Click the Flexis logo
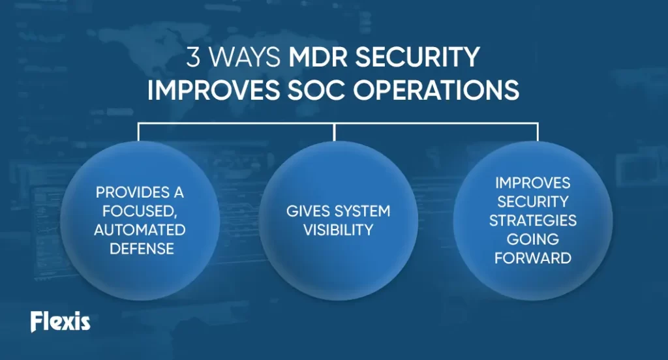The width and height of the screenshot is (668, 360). click(x=61, y=322)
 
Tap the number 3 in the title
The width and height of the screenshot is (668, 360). click(x=193, y=57)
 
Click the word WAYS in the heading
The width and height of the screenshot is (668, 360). click(x=245, y=57)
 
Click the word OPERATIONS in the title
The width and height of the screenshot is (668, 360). click(x=436, y=90)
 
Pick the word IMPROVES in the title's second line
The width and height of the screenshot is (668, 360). click(x=213, y=90)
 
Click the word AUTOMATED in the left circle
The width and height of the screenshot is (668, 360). click(x=140, y=230)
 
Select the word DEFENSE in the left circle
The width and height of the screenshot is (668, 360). click(x=142, y=249)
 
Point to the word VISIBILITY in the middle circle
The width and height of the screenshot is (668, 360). click(x=339, y=230)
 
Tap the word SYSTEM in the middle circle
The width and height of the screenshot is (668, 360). click(x=363, y=211)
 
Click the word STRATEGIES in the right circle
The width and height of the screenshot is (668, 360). click(x=533, y=220)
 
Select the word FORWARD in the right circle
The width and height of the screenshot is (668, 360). click(x=533, y=258)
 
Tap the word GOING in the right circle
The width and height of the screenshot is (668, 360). click(x=533, y=239)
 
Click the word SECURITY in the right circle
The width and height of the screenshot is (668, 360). click(x=533, y=202)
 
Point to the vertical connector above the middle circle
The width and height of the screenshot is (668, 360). click(x=335, y=132)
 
